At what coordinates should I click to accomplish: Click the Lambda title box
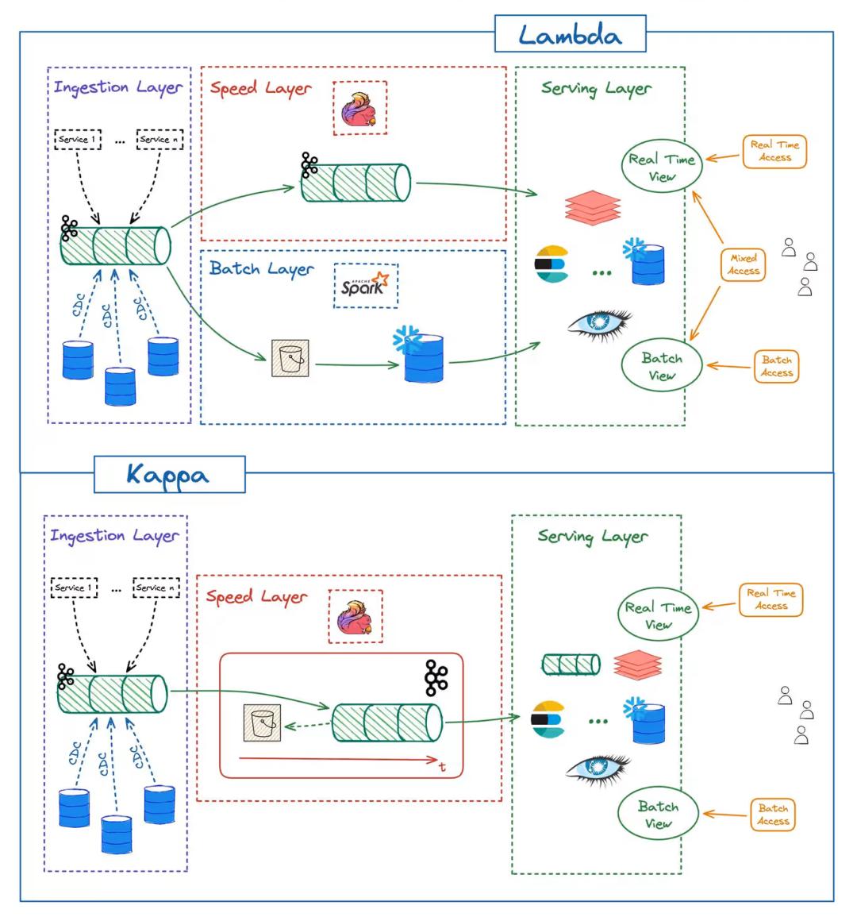(570, 34)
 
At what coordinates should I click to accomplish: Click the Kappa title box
(170, 474)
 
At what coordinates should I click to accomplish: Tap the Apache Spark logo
(365, 285)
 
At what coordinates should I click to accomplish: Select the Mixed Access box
(743, 265)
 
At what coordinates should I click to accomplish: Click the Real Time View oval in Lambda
(662, 167)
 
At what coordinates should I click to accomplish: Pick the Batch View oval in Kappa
(659, 814)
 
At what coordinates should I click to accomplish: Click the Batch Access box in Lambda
(776, 367)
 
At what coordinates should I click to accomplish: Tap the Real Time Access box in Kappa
(771, 599)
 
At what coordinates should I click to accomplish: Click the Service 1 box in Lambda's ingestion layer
(78, 140)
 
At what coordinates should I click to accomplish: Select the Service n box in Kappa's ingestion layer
(156, 588)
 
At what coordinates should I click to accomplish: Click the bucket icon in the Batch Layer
(290, 358)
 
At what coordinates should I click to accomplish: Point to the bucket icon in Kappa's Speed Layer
(263, 722)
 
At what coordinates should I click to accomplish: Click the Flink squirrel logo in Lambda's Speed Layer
(359, 110)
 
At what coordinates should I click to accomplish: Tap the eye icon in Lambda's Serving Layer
(600, 325)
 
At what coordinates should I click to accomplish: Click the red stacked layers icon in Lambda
(593, 207)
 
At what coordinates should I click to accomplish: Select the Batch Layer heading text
(261, 269)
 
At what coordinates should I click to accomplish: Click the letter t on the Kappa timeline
(443, 767)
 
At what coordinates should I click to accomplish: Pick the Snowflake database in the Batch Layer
(420, 356)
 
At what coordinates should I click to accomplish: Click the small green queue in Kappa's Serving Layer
(571, 665)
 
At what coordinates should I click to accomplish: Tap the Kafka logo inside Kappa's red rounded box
(436, 678)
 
